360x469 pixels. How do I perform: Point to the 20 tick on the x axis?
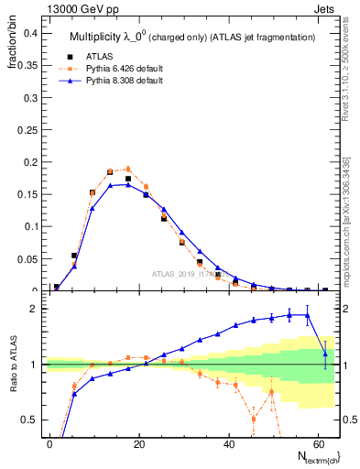(138, 442)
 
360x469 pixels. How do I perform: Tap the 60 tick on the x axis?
(316, 442)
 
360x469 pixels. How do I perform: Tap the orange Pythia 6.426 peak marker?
(128, 169)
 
